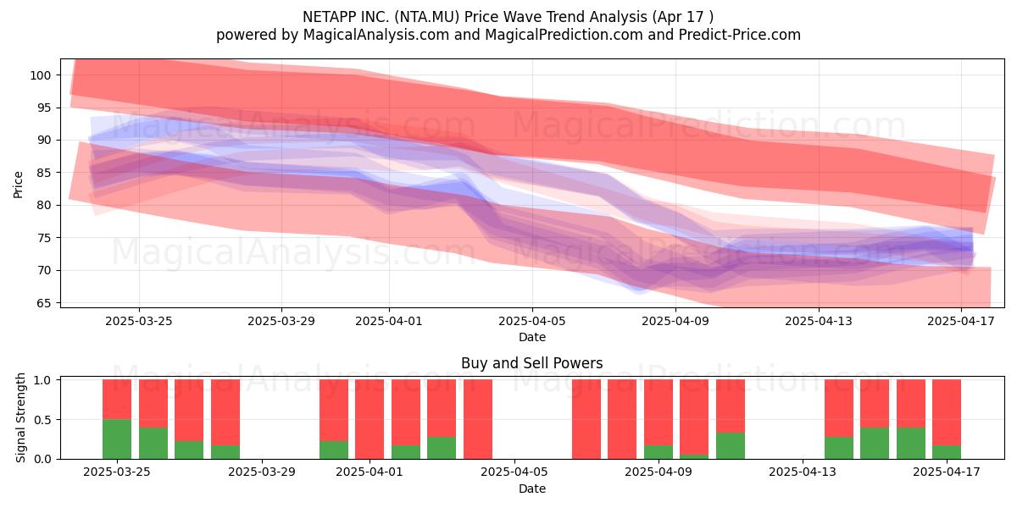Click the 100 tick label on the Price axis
(40, 75)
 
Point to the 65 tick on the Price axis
(43, 303)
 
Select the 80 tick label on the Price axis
(43, 206)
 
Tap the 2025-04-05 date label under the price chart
(532, 321)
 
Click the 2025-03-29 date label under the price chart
(281, 321)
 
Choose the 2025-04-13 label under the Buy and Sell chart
(803, 472)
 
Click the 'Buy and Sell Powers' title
(531, 363)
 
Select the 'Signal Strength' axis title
(20, 417)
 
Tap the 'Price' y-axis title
(18, 185)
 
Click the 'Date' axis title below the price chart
(532, 337)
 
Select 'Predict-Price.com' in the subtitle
(740, 35)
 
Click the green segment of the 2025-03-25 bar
(117, 439)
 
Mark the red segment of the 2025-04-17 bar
(947, 412)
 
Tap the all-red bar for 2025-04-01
(370, 419)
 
